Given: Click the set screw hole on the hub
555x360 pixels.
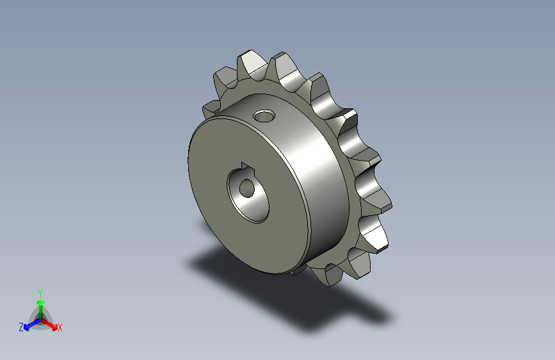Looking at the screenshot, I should [x=263, y=117].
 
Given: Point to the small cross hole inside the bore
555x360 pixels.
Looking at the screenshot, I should [x=246, y=188].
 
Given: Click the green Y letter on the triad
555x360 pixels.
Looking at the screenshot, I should [x=40, y=291].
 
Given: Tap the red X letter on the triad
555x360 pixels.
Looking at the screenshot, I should [x=60, y=327].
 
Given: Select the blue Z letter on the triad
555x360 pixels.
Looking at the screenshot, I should [x=21, y=327].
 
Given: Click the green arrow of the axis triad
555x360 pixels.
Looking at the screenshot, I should [x=40, y=304].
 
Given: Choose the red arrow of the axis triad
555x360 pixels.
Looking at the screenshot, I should [x=51, y=322].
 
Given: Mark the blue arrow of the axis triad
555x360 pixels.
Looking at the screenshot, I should [x=29, y=323].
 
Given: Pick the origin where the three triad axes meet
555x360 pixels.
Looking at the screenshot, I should [x=40, y=318].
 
